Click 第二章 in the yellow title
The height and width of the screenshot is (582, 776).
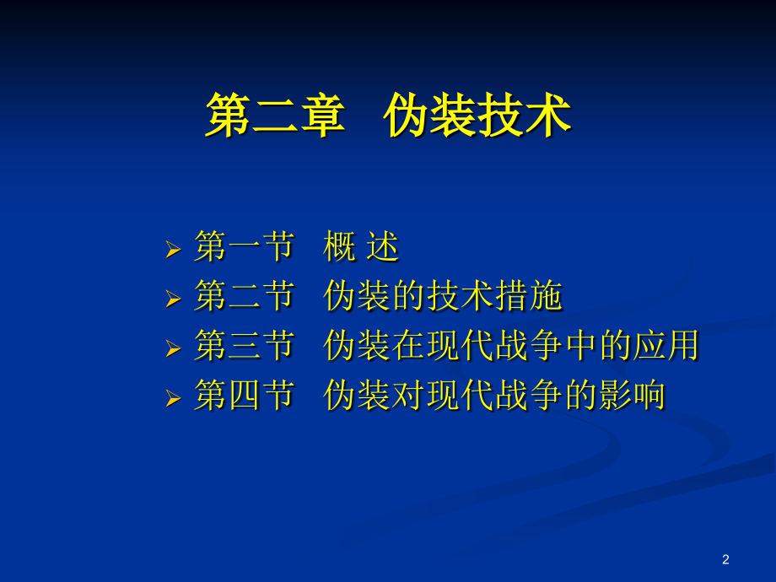[275, 116]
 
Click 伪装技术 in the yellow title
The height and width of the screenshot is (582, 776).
[477, 116]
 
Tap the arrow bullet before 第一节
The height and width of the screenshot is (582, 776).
[173, 250]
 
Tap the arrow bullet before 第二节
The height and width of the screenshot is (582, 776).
[173, 299]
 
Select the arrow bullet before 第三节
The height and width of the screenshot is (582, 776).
[173, 348]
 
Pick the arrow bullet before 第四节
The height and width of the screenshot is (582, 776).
[173, 396]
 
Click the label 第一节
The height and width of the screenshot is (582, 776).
[244, 248]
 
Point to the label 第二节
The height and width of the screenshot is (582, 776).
[244, 297]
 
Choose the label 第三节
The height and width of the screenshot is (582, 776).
[244, 346]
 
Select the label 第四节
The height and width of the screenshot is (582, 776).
[244, 395]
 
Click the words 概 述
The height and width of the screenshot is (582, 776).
[360, 248]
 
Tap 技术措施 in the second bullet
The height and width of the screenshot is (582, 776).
[494, 297]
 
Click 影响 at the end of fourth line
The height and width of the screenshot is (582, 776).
[631, 395]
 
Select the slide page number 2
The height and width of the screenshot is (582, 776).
[725, 559]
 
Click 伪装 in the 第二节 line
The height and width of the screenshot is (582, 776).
[357, 297]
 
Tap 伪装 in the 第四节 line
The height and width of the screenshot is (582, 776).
[357, 395]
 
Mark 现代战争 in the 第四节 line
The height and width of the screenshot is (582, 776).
[494, 395]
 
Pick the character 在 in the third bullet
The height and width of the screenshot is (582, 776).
[408, 346]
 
